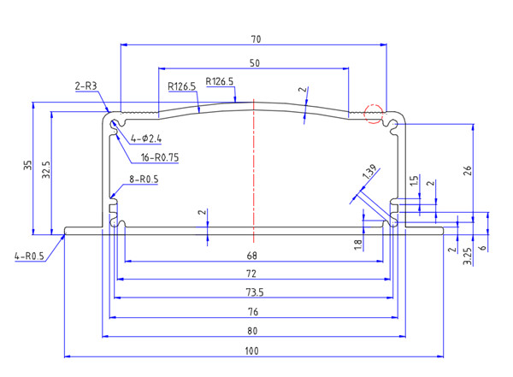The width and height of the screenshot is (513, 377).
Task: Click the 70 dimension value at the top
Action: pyautogui.click(x=256, y=39)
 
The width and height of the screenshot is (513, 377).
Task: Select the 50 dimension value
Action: pyautogui.click(x=255, y=64)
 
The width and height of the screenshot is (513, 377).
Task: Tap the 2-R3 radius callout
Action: pyautogui.click(x=87, y=86)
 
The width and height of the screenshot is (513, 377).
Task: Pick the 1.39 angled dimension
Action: pyautogui.click(x=369, y=171)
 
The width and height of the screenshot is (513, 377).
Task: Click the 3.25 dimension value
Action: pyautogui.click(x=467, y=254)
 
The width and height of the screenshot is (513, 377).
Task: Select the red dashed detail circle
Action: pyautogui.click(x=373, y=113)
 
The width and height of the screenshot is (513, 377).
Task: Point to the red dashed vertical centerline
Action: pyautogui.click(x=254, y=171)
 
